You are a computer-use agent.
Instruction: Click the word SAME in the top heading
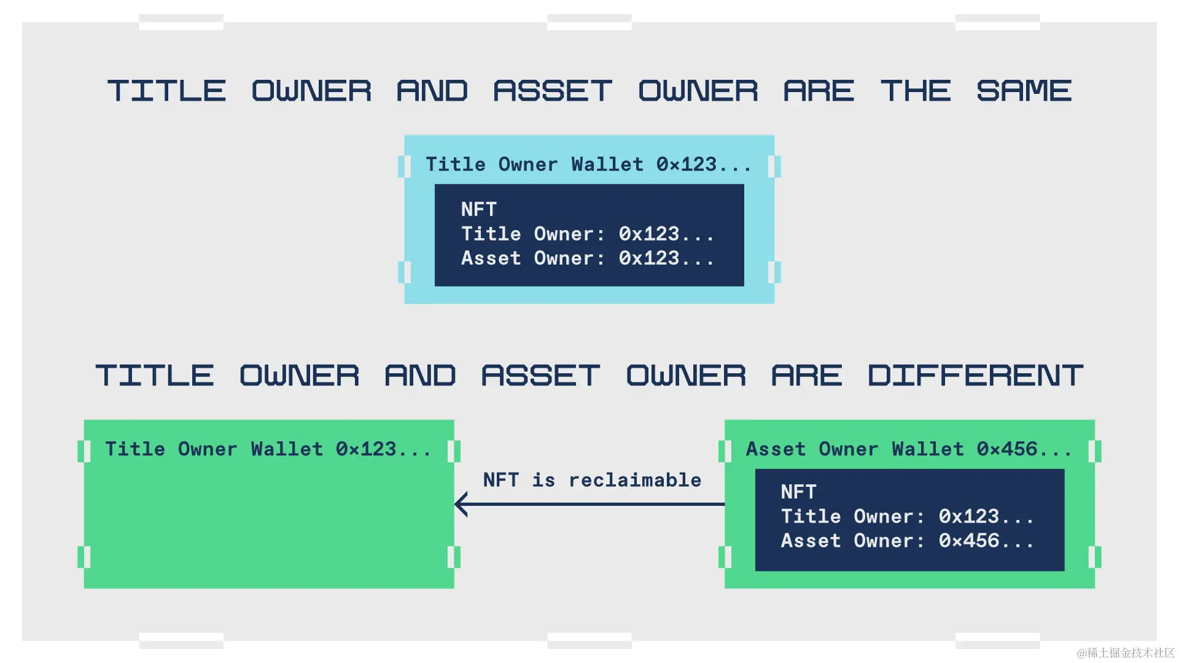[1024, 91]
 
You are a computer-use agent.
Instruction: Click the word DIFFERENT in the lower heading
[975, 376]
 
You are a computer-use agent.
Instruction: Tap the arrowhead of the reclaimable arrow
[461, 504]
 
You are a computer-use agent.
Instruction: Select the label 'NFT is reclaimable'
[592, 480]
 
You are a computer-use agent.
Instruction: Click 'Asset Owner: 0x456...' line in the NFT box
[907, 541]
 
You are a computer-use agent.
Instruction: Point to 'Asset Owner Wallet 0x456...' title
[909, 449]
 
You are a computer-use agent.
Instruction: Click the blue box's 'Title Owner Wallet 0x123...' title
[588, 165]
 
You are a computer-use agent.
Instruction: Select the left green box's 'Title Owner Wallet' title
[268, 449]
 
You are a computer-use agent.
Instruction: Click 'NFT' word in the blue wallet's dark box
[478, 209]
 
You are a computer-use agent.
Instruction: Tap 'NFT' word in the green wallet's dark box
[798, 492]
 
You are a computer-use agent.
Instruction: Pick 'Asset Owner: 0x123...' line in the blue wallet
[588, 258]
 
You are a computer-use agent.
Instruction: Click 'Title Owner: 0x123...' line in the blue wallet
[588, 234]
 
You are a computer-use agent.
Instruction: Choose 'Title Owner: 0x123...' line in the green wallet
[907, 516]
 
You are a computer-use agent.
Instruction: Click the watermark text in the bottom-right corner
[1125, 653]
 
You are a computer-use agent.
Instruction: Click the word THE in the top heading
[915, 91]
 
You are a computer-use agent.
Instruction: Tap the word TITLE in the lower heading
[154, 376]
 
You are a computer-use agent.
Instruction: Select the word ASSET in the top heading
[553, 91]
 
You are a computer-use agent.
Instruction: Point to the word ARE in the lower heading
[806, 376]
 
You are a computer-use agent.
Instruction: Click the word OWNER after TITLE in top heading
[311, 91]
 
